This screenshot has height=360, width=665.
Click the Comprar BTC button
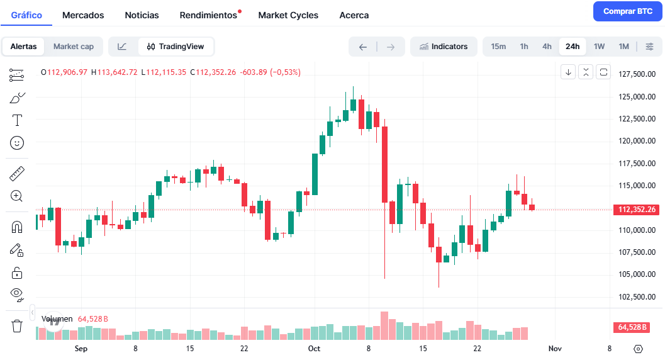point(627,11)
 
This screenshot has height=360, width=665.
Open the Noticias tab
point(142,15)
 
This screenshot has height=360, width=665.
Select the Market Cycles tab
point(288,15)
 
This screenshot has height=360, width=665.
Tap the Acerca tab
point(354,15)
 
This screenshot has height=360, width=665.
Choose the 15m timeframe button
point(498,47)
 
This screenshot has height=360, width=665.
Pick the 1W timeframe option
point(599,47)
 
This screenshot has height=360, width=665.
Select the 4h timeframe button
point(547,47)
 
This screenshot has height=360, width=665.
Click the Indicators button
point(444,47)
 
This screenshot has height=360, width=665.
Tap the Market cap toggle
point(74,47)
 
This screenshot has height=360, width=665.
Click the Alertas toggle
point(24,47)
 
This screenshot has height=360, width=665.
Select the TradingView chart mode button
point(176,47)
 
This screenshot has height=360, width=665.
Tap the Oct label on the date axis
point(314,349)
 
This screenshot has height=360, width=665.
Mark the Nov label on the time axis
point(554,349)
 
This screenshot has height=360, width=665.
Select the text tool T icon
point(17,120)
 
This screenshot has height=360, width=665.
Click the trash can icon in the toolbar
point(17,326)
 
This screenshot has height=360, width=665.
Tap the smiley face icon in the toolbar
point(17,143)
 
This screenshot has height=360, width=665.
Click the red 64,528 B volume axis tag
point(635,327)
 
